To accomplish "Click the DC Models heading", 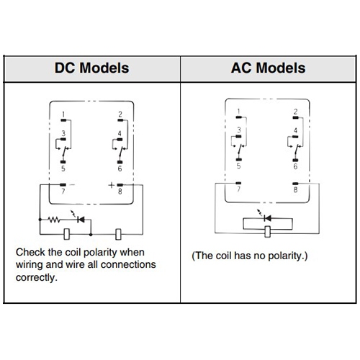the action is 92,68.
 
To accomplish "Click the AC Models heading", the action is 269,68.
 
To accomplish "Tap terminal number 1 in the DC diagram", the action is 63,114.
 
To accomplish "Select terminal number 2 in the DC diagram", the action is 120,114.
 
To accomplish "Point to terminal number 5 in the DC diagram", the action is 63,168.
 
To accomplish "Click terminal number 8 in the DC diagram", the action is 120,192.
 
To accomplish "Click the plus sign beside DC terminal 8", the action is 111,185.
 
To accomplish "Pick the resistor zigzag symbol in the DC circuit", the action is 54,220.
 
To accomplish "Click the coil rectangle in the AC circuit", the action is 268,232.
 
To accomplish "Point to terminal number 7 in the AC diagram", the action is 238,189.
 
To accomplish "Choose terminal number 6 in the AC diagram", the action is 295,166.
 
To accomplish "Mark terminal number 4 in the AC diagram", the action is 295,130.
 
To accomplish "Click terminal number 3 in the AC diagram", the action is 239,130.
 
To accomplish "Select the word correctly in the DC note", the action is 37,277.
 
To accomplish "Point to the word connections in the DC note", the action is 128,264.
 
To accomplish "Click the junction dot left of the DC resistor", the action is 40,220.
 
